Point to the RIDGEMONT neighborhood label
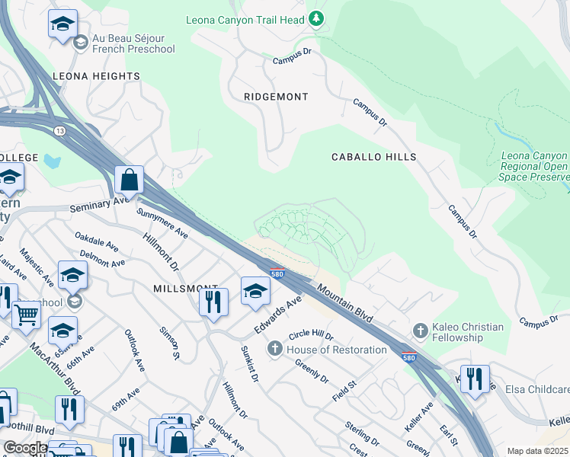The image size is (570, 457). tap(276, 97)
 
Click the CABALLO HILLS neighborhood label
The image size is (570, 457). tap(373, 157)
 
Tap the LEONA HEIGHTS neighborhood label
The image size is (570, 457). tap(96, 76)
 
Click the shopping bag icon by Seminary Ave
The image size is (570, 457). tap(130, 181)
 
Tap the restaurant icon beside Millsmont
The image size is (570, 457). tap(214, 301)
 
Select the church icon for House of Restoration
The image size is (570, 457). tap(275, 349)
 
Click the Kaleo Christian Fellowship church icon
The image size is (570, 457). tap(419, 331)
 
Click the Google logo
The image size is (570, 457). tap(25, 448)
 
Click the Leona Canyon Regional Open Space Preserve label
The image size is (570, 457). tap(534, 166)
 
